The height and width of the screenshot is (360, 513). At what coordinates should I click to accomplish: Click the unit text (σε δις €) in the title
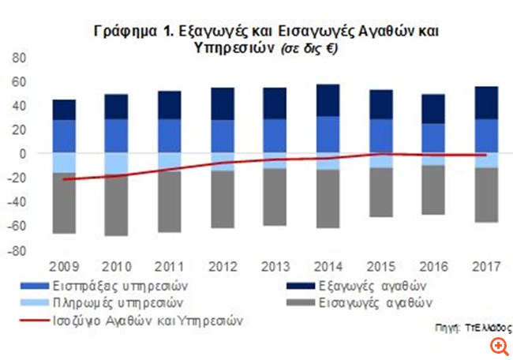pyautogui.click(x=307, y=48)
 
